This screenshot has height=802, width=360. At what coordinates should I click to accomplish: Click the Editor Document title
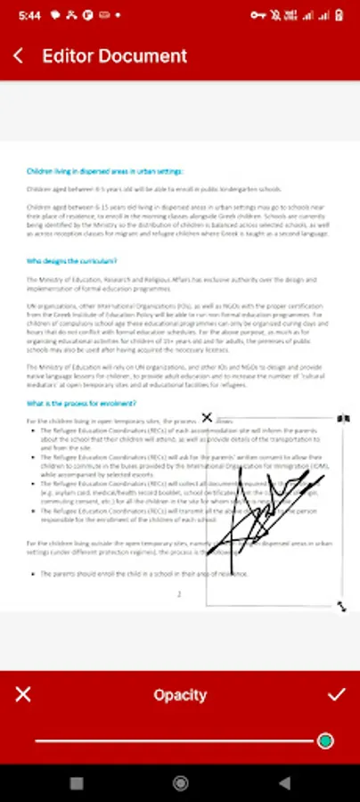click(115, 55)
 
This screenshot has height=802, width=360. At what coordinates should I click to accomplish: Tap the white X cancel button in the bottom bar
click(23, 694)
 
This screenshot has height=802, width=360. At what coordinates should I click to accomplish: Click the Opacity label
click(180, 695)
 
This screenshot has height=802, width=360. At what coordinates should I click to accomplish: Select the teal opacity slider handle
click(325, 741)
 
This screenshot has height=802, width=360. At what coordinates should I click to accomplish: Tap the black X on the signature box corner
click(208, 417)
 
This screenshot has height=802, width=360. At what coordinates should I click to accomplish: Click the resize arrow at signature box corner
click(342, 606)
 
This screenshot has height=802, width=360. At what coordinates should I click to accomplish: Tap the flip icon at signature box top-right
click(343, 418)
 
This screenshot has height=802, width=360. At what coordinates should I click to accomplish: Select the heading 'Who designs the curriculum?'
click(71, 261)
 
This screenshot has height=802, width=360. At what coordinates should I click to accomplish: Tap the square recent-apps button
click(77, 783)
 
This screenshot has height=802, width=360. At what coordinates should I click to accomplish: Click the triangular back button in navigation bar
click(284, 783)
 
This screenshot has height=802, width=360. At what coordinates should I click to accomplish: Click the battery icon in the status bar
click(341, 15)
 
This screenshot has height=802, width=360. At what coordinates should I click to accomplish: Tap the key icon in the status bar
click(259, 15)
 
